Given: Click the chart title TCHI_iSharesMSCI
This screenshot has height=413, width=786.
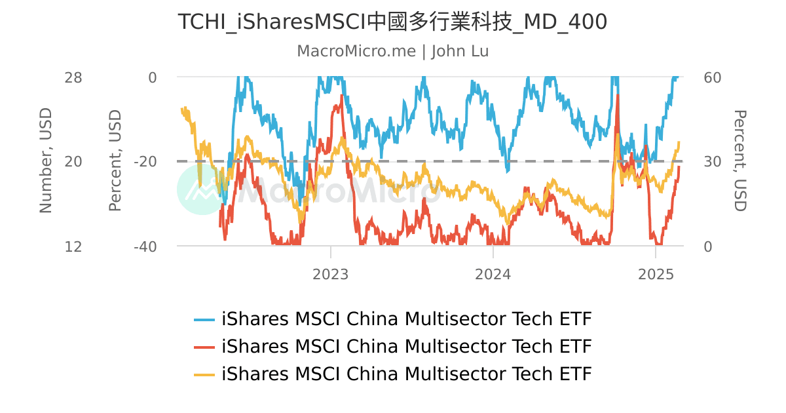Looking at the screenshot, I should [x=392, y=22].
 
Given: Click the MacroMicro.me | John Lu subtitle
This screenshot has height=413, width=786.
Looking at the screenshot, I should [x=392, y=51].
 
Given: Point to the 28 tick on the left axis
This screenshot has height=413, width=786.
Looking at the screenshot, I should [x=73, y=77].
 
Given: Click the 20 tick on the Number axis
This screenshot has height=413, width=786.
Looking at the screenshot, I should [x=73, y=161].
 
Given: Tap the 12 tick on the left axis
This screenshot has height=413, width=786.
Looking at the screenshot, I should [x=73, y=246].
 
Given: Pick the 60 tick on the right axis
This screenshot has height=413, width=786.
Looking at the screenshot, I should [x=712, y=77].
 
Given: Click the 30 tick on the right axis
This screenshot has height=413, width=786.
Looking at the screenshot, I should [x=712, y=161].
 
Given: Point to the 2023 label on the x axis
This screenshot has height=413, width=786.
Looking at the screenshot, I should [x=331, y=274].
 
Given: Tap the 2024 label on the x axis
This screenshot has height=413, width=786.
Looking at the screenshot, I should [x=493, y=274].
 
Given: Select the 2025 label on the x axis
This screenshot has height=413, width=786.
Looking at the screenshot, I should [x=656, y=274].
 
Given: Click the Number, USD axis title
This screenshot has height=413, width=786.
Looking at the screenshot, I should [x=45, y=161].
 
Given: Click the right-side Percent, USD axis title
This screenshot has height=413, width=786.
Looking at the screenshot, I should [x=739, y=161].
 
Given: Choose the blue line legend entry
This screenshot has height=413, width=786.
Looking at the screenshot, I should [x=406, y=319].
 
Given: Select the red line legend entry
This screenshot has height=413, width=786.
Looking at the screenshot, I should [x=406, y=346].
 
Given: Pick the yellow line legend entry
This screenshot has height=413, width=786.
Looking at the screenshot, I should [x=406, y=374].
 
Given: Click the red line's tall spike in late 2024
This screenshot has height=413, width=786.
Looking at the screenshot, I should [x=618, y=98].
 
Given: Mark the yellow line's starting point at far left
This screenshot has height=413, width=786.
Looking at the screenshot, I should [x=181, y=109].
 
